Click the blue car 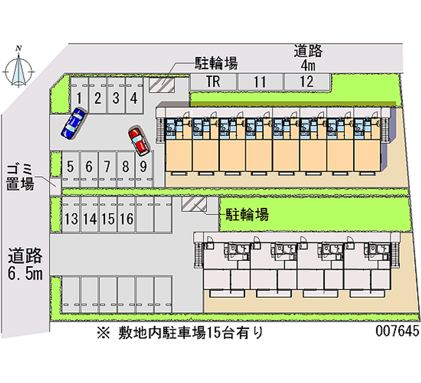[73, 124]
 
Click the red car [138, 141]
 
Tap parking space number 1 [79, 97]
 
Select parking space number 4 [134, 97]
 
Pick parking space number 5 [71, 168]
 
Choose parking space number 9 [143, 168]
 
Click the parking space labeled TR [213, 82]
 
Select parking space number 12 [307, 82]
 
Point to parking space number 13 [71, 217]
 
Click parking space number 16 [126, 217]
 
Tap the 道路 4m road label [308, 58]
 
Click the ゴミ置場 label [21, 176]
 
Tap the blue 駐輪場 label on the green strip [247, 214]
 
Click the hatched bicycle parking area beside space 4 [161, 84]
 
